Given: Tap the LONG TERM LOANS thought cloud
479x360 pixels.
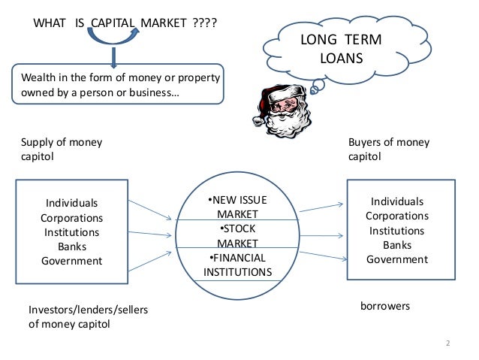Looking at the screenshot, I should tap(341, 48).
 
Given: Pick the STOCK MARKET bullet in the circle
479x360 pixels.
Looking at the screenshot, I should tap(236, 235).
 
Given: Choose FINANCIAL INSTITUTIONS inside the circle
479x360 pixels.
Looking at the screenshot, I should tap(237, 265).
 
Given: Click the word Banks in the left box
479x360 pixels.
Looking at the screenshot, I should tap(72, 247).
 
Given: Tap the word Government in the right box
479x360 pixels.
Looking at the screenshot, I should tap(396, 259).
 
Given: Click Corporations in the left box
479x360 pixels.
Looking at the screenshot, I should tap(72, 217).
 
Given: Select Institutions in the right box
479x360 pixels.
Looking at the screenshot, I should tap(397, 230).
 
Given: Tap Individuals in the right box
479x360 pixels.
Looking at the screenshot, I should tap(397, 201).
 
